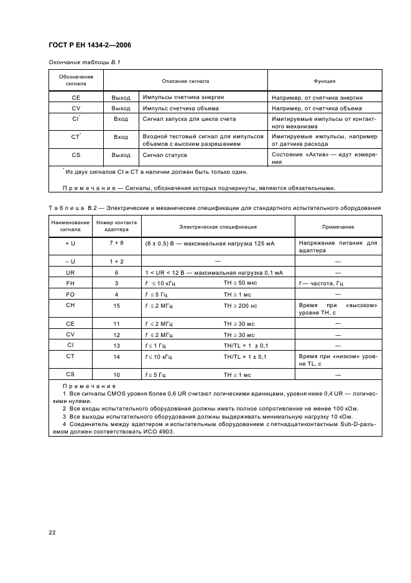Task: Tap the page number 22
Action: (52, 532)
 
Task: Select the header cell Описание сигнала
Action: (185, 80)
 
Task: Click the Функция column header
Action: (325, 80)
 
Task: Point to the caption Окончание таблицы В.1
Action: (84, 62)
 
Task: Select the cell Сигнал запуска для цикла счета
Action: (189, 118)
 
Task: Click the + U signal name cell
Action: (70, 242)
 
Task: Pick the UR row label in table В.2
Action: (70, 273)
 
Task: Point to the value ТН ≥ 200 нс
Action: (244, 305)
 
